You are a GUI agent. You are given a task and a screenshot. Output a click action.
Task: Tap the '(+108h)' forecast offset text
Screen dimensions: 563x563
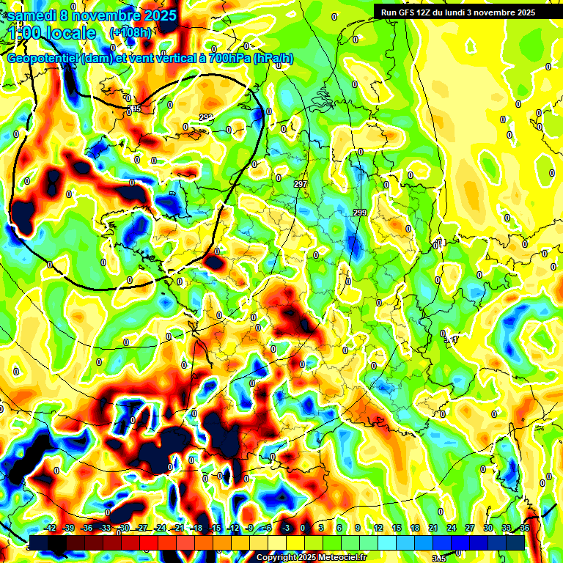coord(130,32)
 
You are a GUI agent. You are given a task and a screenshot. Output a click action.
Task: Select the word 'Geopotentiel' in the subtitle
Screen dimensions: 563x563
coord(43,58)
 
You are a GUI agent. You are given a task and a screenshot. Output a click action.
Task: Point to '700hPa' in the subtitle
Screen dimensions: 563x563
coord(229,58)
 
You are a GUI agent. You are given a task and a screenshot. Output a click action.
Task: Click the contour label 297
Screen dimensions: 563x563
coord(300,183)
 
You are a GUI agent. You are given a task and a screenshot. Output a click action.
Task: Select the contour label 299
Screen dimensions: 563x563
coord(360,213)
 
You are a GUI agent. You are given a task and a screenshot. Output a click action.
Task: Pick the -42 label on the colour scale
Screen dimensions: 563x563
coord(51,528)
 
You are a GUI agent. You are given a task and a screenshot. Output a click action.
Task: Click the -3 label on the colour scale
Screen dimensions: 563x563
coord(287,528)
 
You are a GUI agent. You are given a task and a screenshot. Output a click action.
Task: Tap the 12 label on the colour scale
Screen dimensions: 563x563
coord(378,528)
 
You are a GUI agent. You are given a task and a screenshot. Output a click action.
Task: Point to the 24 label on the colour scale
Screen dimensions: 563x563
coord(451,528)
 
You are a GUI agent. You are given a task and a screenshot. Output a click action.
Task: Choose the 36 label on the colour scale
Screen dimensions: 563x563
coord(524,528)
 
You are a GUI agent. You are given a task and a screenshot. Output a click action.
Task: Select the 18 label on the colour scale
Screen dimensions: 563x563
coord(414,528)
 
